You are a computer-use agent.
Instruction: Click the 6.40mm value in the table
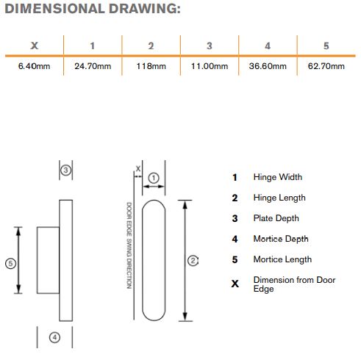[34, 66]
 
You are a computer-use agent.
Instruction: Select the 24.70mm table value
[93, 66]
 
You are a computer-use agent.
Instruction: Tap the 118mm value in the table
[151, 66]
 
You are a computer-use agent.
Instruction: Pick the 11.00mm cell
[210, 66]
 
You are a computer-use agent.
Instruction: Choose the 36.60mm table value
[268, 66]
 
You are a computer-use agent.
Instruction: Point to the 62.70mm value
[326, 66]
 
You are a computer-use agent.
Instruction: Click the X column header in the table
[35, 46]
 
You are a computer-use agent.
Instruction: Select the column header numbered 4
[268, 46]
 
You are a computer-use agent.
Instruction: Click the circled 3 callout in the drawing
[65, 170]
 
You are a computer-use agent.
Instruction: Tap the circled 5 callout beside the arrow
[10, 264]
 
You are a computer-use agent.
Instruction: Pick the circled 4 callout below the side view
[54, 337]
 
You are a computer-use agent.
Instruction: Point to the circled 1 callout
[154, 178]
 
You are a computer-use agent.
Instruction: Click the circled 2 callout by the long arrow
[193, 261]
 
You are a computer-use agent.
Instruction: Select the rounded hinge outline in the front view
[142, 260]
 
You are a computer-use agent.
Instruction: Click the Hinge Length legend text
[279, 198]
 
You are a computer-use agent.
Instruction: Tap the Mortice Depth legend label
[281, 239]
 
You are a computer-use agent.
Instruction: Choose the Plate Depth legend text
[276, 218]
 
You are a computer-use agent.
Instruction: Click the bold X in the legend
[235, 284]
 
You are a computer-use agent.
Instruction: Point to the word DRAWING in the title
[145, 9]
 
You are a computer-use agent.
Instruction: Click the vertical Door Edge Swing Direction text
[129, 245]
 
